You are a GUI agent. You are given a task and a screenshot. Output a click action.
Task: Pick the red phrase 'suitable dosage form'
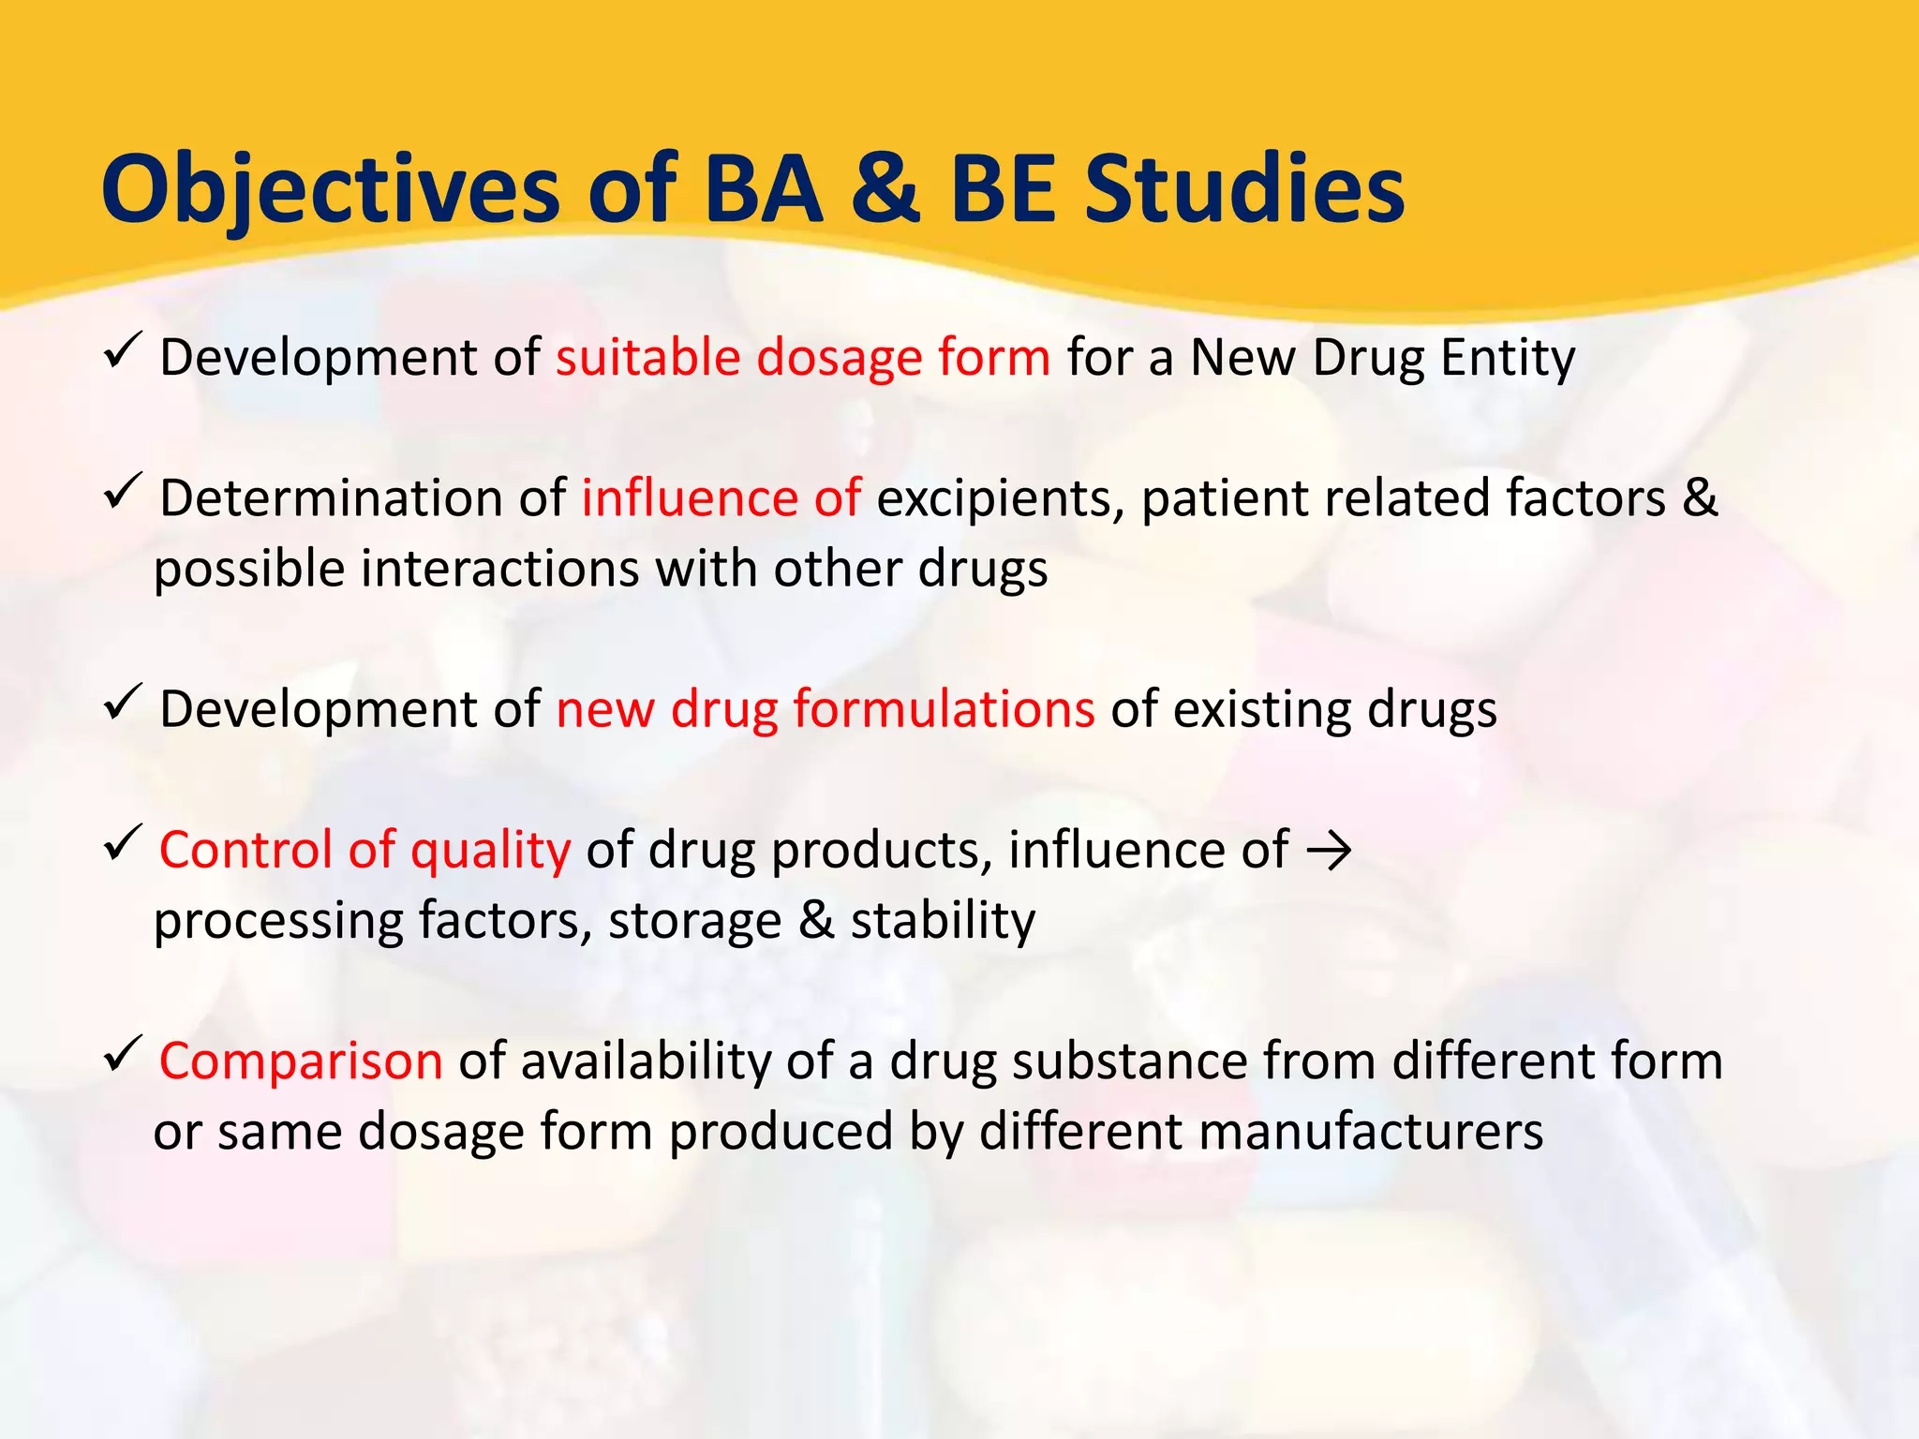pos(803,358)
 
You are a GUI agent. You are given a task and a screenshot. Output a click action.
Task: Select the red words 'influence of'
pos(721,498)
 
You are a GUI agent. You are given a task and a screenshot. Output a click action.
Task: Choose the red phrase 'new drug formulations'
pos(825,709)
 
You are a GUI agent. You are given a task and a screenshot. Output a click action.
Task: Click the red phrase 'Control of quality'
pos(364,850)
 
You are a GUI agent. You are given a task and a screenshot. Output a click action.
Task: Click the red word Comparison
pos(301,1061)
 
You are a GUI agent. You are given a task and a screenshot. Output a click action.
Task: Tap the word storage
pos(694,921)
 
